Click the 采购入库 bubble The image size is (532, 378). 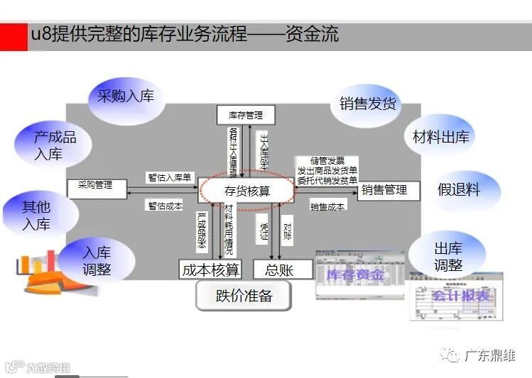(x=125, y=96)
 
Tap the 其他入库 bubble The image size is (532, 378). (x=36, y=215)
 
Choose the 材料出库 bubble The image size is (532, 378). (x=440, y=137)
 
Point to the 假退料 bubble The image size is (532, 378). (x=459, y=189)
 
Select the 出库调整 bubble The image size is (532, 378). (x=448, y=257)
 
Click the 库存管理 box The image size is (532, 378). (x=245, y=114)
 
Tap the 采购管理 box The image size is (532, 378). (x=97, y=187)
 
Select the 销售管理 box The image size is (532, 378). (x=388, y=190)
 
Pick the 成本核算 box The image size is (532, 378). (x=210, y=269)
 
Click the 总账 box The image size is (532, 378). (x=278, y=269)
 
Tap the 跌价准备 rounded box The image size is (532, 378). (x=244, y=296)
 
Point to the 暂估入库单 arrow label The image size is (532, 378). (x=170, y=177)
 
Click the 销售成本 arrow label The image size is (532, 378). (x=327, y=206)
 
